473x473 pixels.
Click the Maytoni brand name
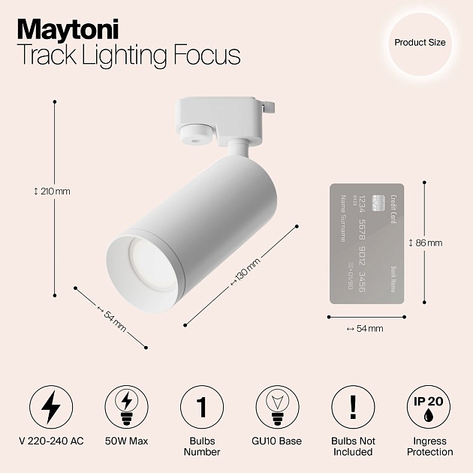coord(68,29)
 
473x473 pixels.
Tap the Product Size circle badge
coord(420,43)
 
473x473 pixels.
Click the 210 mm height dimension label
coord(52,191)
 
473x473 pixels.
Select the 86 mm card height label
coord(425,243)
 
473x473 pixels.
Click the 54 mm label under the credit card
coord(365,329)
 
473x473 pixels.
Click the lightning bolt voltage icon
coord(51,407)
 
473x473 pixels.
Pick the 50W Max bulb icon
coord(126,407)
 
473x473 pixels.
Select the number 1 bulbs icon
coord(202,407)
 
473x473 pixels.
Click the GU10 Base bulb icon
coord(277,407)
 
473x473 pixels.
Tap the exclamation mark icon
coord(352,407)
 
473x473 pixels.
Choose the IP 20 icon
coord(428,407)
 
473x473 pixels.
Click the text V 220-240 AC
coord(51,441)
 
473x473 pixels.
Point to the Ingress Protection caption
coord(429,447)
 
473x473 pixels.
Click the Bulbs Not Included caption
coord(352,447)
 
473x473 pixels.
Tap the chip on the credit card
coord(378,202)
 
